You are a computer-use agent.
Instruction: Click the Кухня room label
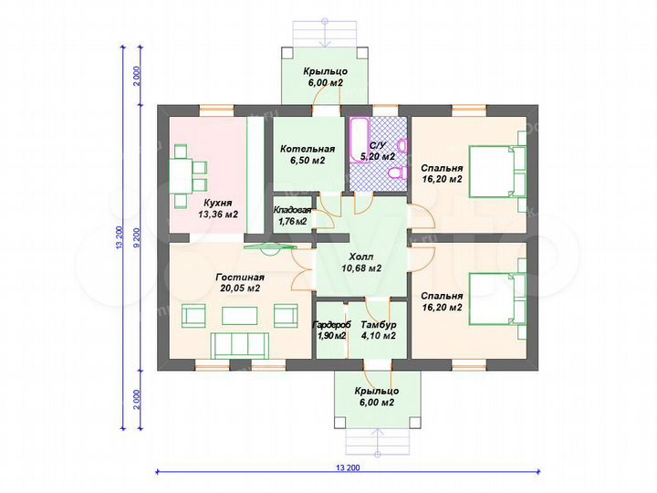218,203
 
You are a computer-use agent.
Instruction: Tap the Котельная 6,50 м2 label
308,154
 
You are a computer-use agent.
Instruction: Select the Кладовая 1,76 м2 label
292,215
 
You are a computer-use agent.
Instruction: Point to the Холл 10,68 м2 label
361,262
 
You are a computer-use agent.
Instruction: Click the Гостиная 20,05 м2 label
240,283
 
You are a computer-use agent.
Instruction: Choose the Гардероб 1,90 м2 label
331,330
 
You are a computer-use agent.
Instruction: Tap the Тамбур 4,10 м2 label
379,330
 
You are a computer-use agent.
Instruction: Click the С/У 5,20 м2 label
378,151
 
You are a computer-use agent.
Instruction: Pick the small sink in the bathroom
401,146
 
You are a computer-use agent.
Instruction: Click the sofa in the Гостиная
239,345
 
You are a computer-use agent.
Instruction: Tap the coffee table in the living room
239,316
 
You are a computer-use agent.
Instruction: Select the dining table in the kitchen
181,175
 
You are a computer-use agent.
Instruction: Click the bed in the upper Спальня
491,171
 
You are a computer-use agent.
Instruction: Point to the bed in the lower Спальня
491,299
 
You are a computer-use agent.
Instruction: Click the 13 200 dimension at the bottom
348,467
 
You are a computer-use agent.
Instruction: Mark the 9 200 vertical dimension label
136,237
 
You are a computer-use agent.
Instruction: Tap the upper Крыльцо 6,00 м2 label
326,77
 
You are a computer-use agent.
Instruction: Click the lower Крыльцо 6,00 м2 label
376,396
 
